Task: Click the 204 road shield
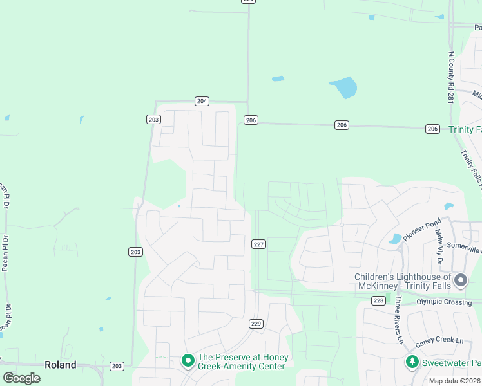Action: pos(202,101)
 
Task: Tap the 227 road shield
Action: pos(258,244)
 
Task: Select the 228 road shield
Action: pos(378,301)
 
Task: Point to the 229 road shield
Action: pos(256,324)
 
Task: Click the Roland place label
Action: pos(60,365)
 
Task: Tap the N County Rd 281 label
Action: pos(451,77)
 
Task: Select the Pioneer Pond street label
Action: pos(422,230)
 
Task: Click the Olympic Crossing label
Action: pos(444,301)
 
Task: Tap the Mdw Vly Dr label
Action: pos(438,247)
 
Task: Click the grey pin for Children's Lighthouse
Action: pos(460,280)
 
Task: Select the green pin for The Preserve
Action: pos(188,361)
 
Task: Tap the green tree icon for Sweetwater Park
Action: pos(412,362)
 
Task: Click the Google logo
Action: pos(21,378)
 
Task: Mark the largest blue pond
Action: pos(343,87)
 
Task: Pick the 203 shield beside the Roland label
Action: pos(117,366)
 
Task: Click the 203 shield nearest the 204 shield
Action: pos(153,119)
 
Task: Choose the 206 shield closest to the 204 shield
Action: pos(251,120)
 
